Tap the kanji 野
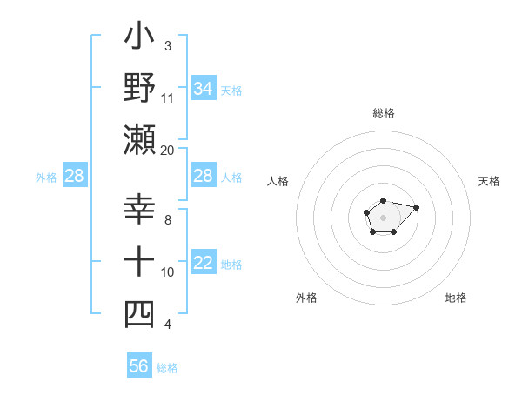point(140,87)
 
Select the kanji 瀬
point(140,139)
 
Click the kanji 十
point(140,261)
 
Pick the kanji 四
point(140,314)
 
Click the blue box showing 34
point(204,89)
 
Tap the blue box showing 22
point(204,264)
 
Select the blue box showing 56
point(139,366)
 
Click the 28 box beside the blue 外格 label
point(75,177)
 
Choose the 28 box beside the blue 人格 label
point(204,177)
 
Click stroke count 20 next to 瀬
point(168,150)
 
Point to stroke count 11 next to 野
point(168,97)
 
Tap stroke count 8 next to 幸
point(168,219)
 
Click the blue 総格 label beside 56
point(167,368)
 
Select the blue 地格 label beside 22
point(231,265)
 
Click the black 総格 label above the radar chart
point(384,113)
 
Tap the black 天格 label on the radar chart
point(489,181)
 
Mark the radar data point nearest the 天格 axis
point(416,207)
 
